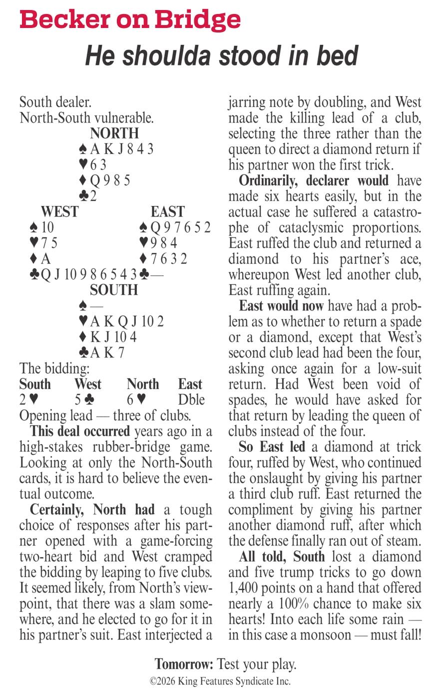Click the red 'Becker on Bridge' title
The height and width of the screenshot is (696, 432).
(130, 20)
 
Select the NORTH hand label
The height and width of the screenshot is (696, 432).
(114, 133)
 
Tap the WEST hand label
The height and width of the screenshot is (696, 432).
(59, 212)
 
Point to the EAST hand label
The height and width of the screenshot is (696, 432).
(168, 212)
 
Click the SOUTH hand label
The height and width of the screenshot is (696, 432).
(114, 290)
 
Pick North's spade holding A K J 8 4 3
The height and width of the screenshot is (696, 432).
(116, 149)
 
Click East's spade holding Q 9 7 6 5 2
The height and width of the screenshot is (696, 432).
(175, 227)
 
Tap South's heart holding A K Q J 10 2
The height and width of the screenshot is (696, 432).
(121, 321)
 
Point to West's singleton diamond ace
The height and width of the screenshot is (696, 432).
(40, 259)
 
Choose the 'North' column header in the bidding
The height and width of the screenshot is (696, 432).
(143, 384)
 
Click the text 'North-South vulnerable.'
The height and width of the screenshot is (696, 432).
(86, 118)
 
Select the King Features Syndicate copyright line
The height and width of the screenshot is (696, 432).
(220, 681)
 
